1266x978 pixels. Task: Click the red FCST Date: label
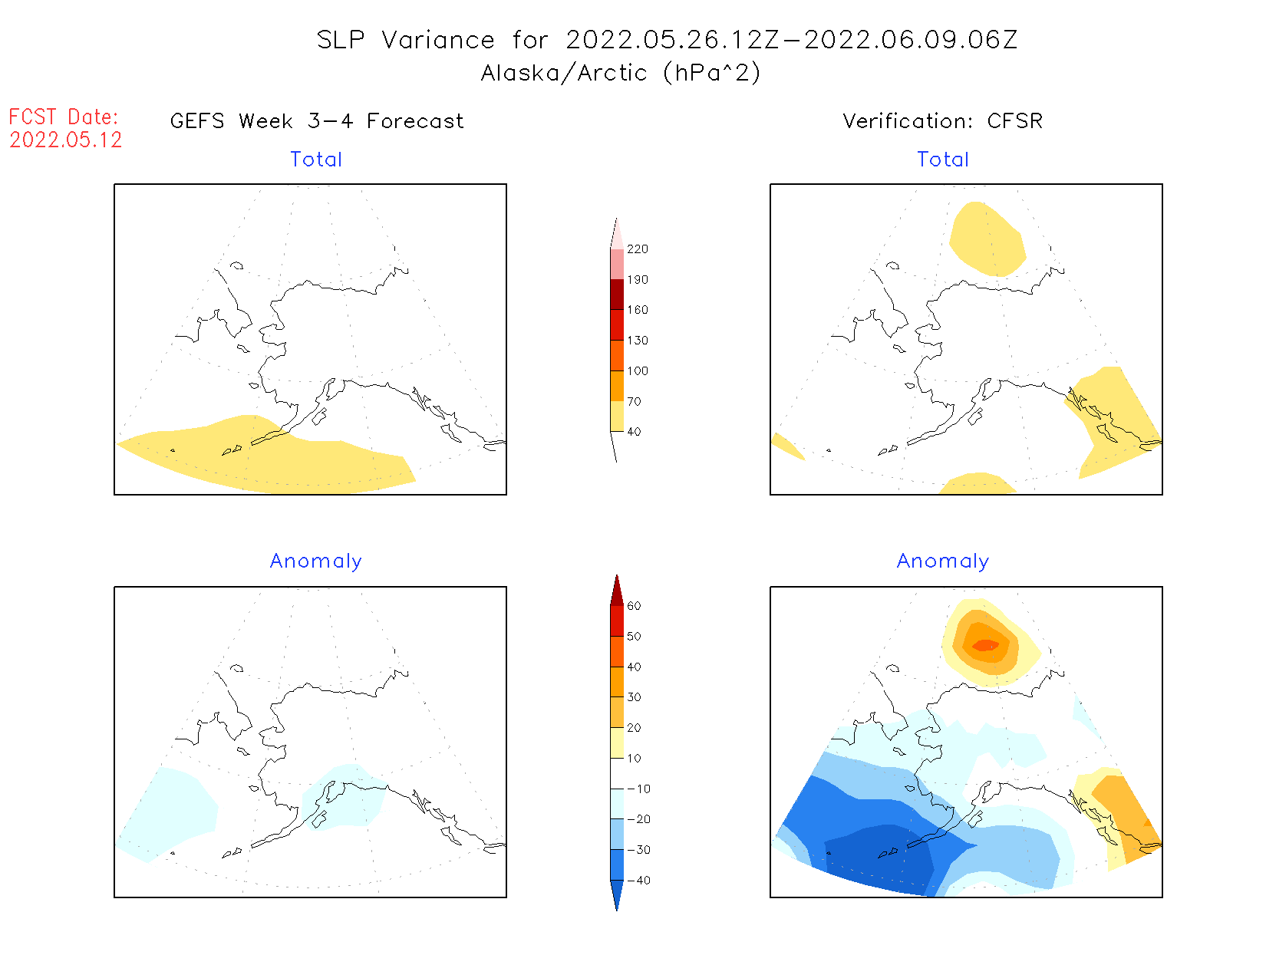(x=64, y=117)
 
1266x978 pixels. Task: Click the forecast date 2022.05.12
(x=66, y=140)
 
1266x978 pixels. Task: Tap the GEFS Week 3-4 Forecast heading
(x=317, y=121)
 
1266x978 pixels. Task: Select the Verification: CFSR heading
(x=942, y=121)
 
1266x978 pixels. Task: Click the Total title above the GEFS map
(x=316, y=160)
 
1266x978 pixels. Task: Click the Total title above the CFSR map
(x=943, y=160)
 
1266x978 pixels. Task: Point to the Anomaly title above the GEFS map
(x=316, y=561)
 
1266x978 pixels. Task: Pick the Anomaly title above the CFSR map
(x=943, y=561)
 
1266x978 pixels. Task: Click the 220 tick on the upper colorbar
(x=637, y=249)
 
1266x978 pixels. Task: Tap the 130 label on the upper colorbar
(x=637, y=341)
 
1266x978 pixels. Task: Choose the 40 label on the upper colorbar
(x=634, y=432)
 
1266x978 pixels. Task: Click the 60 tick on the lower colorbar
(x=634, y=606)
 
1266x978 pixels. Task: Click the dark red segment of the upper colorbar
(x=617, y=295)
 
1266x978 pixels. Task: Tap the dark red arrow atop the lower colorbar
(x=617, y=591)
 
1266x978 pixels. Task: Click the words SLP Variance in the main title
(x=406, y=40)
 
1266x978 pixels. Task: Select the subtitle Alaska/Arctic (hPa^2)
(x=621, y=73)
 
